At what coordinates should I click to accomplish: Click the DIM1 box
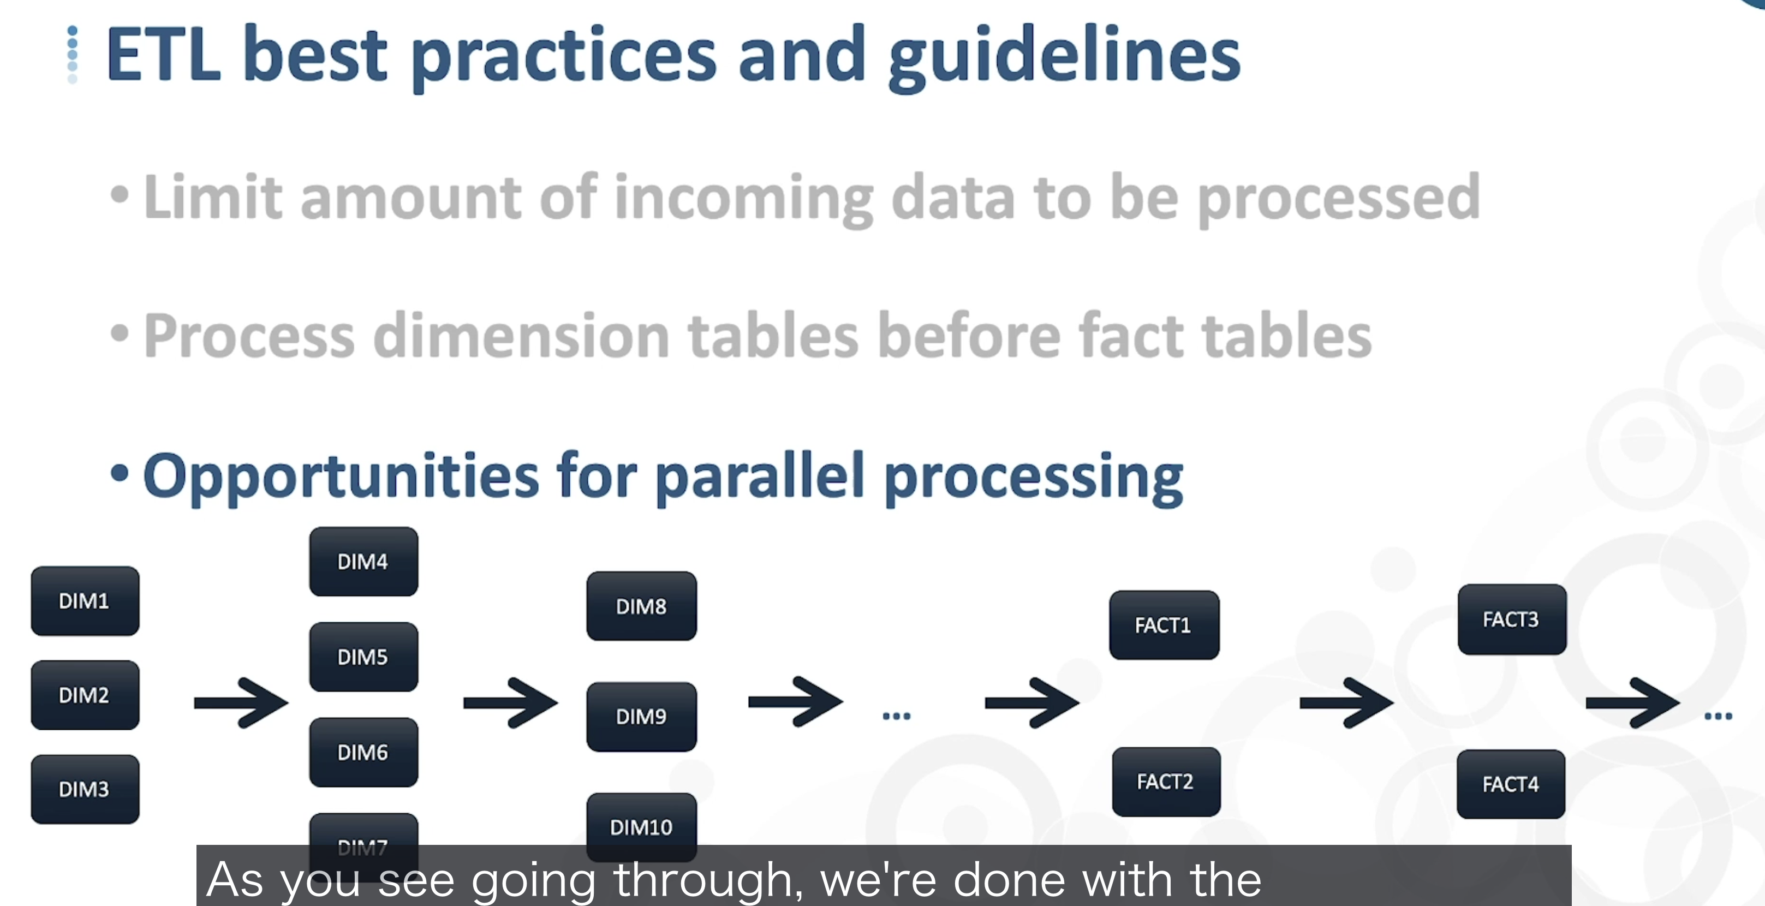(x=85, y=601)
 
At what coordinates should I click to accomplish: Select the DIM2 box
(x=85, y=695)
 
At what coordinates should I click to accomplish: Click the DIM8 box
(x=642, y=606)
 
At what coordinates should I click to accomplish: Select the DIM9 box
(x=642, y=717)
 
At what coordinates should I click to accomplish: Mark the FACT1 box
(x=1165, y=625)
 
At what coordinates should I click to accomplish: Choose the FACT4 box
(x=1511, y=784)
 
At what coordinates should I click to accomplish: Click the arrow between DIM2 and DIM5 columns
(x=241, y=702)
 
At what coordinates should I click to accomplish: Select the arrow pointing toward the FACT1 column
(x=1032, y=702)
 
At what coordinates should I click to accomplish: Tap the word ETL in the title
(x=164, y=54)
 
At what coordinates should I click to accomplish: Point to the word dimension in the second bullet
(x=521, y=335)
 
